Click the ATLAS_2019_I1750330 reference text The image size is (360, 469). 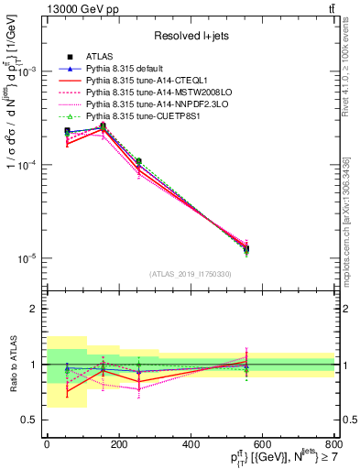191,274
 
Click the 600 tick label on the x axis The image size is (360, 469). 263,445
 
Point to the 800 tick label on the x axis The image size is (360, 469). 335,445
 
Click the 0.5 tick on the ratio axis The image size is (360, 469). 32,420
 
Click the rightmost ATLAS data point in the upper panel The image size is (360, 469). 245,248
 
